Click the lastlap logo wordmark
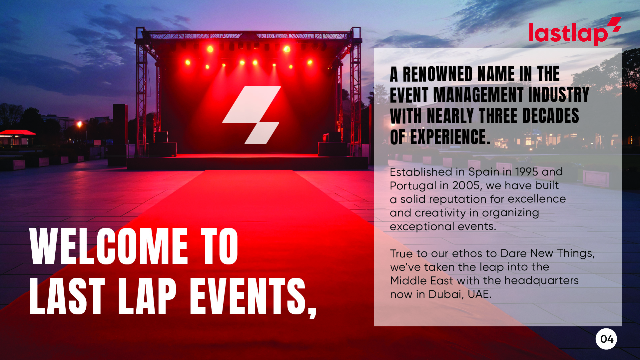pos(568,34)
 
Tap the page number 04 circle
pos(606,339)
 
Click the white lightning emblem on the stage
pos(252,115)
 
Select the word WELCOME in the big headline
pos(109,247)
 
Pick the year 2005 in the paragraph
pos(466,185)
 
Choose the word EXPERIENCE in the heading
pos(450,137)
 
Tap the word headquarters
pos(541,281)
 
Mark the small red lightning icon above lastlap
pos(614,24)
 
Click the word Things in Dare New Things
pos(576,253)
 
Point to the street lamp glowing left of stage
pos(79,124)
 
